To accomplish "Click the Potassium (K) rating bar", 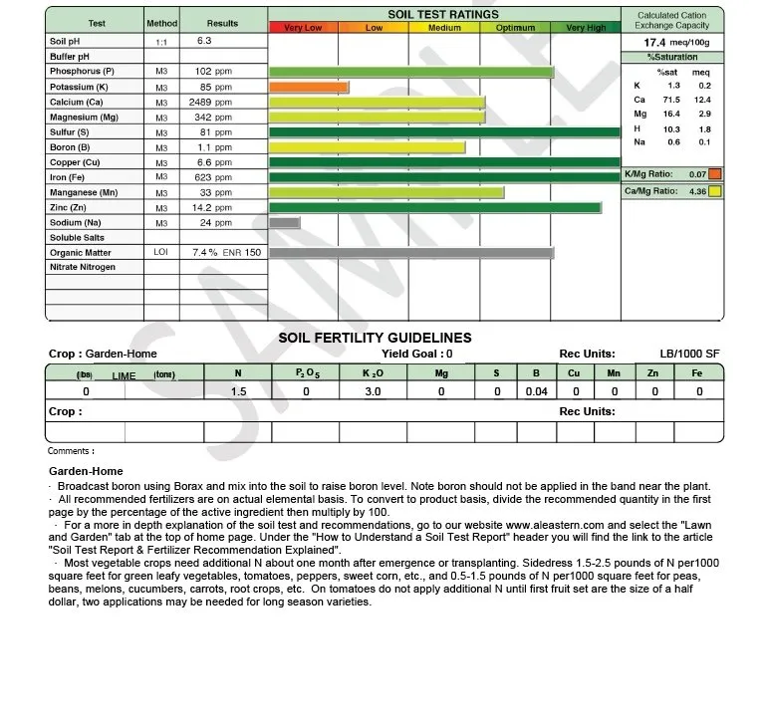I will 309,88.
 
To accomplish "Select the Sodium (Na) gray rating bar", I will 285,223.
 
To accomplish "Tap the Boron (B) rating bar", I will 368,147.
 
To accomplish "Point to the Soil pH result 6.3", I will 204,42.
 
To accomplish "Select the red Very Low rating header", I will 303,28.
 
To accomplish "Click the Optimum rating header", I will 515,28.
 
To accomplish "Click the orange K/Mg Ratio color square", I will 715,174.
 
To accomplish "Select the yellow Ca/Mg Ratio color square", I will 715,191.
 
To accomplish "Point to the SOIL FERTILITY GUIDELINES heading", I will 375,339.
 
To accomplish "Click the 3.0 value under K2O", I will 373,392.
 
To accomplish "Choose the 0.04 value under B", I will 536,392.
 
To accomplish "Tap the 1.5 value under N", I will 238,392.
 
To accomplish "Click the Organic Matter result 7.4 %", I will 205,253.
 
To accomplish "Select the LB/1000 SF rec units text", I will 689,354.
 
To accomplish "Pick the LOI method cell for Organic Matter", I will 161,253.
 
